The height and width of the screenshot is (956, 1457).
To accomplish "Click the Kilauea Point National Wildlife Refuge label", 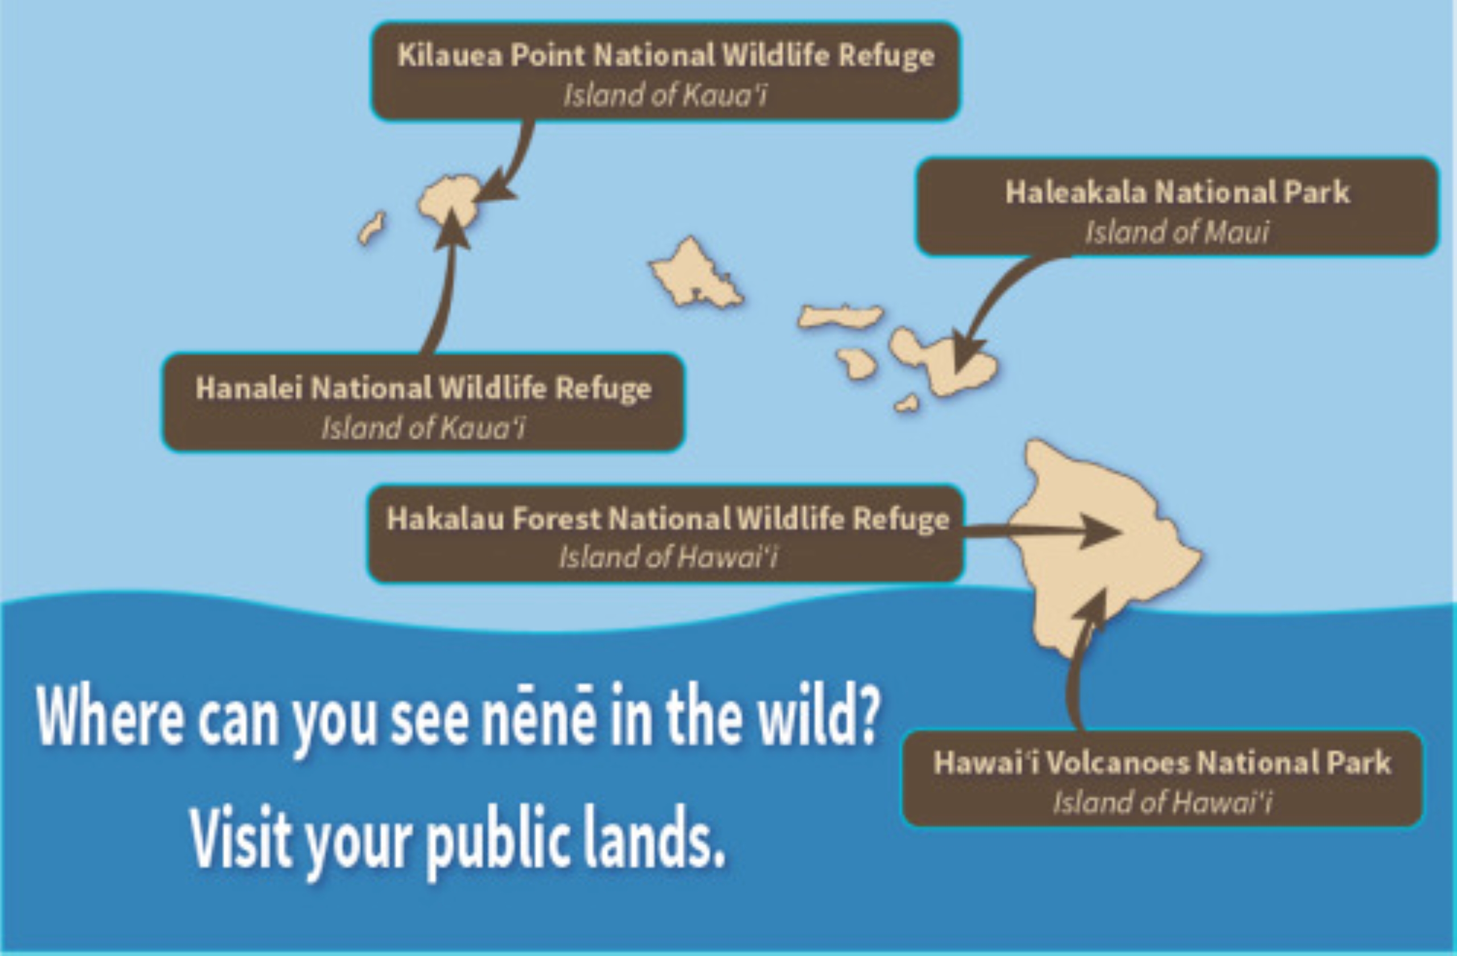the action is click(665, 71).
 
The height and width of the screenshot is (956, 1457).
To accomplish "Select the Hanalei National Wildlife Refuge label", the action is click(423, 403).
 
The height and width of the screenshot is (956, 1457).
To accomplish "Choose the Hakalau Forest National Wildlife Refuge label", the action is click(666, 534).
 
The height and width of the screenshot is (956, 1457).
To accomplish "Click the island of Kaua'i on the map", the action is click(447, 202).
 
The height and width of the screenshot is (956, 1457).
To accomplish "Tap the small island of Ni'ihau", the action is click(372, 228).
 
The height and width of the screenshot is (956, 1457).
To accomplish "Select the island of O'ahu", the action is click(695, 273).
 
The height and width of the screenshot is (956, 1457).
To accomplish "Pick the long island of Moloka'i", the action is click(840, 316).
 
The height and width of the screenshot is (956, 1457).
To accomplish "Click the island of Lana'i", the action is click(857, 364).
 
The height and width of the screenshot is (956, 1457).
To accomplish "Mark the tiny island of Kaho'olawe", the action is click(907, 404).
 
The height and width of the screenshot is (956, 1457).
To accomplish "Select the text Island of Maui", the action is click(1176, 232).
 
